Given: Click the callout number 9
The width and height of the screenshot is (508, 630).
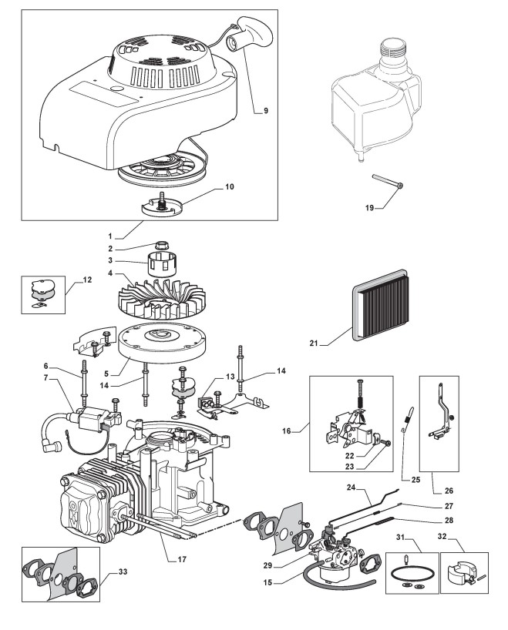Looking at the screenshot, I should point(265,111).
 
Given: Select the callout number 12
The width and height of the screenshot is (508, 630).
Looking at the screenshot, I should point(87,280).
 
